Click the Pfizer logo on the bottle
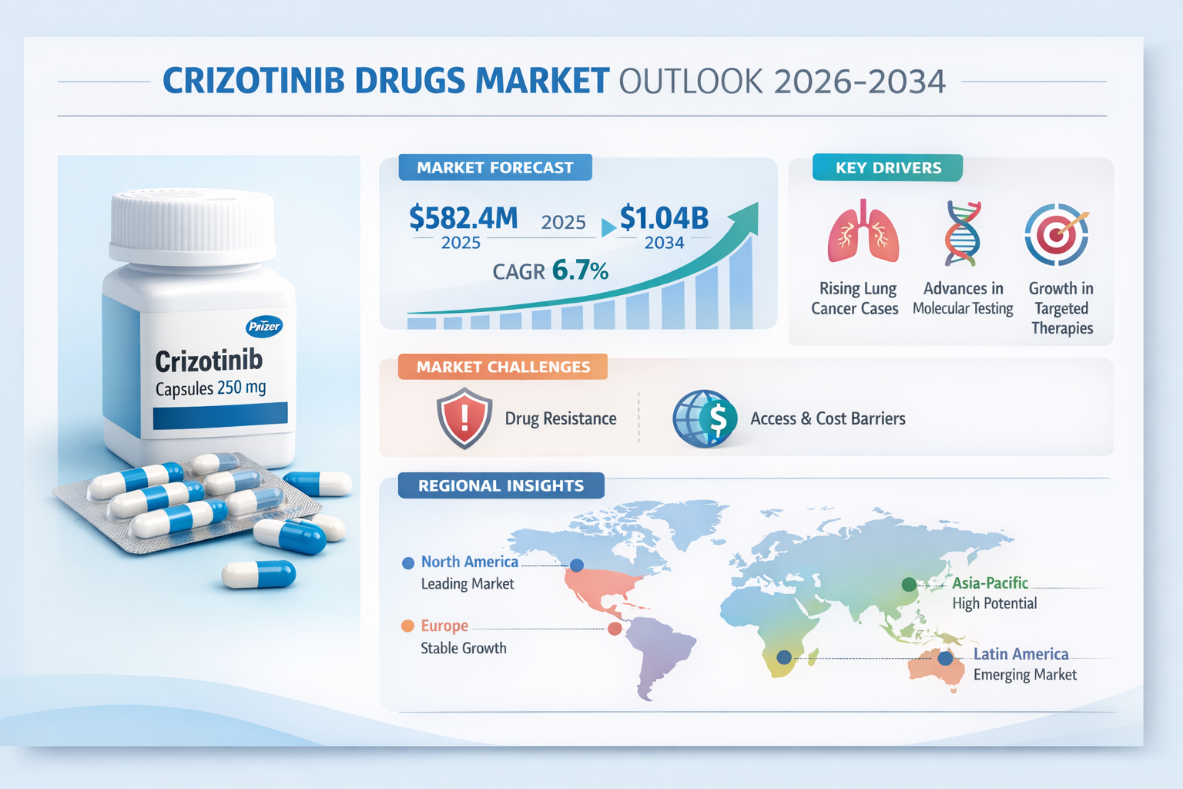click(264, 327)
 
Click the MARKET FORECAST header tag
click(495, 168)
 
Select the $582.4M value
click(463, 218)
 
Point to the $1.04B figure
click(664, 218)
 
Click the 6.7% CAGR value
click(580, 270)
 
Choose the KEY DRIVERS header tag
click(887, 168)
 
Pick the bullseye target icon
click(1057, 235)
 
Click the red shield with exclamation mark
click(464, 418)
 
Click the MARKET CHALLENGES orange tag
click(503, 367)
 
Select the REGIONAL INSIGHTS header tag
click(501, 486)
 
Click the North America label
click(469, 562)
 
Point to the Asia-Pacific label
click(990, 583)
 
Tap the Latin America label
click(1020, 654)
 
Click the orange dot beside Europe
click(408, 626)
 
